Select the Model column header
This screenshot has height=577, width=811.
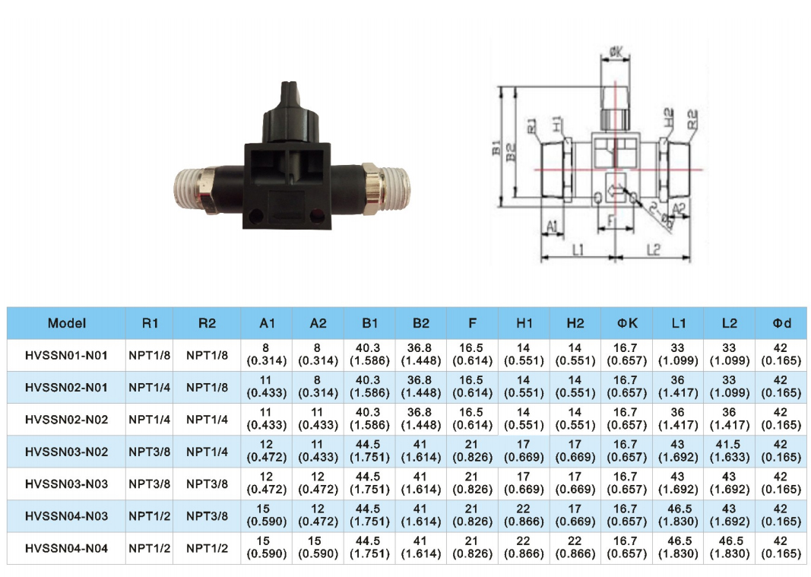(x=67, y=323)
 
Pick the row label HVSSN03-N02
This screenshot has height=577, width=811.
(x=67, y=452)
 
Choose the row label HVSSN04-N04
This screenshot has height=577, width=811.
(x=67, y=548)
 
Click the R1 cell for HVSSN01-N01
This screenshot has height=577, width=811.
(x=150, y=355)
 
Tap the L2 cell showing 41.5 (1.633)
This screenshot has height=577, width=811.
(x=729, y=452)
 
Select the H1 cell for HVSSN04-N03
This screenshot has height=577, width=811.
(x=524, y=516)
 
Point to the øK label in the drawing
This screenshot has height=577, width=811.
(x=616, y=52)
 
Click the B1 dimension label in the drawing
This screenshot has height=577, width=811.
(x=496, y=147)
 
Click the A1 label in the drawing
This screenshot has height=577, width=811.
(x=553, y=226)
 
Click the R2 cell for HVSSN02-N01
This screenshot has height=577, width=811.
(x=207, y=387)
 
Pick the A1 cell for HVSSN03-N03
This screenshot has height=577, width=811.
(x=267, y=483)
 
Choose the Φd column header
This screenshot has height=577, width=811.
(x=781, y=323)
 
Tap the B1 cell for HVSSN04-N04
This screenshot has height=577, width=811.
(x=369, y=548)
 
